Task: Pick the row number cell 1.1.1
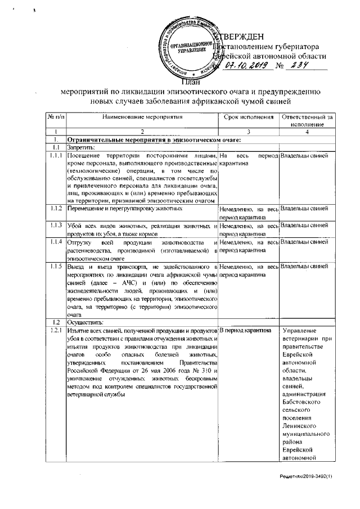(x=55, y=155)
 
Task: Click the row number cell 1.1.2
(x=55, y=209)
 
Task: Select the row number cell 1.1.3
(x=55, y=225)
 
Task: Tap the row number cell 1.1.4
(x=55, y=242)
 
